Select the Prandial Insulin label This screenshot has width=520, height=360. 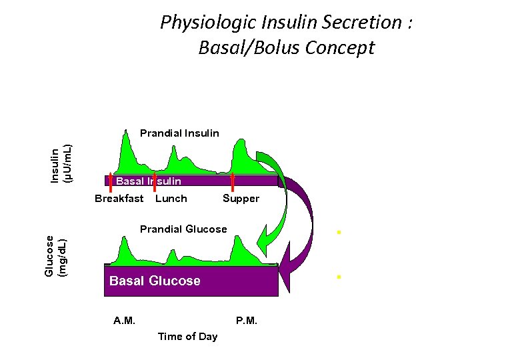(179, 133)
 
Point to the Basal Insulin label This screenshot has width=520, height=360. (149, 181)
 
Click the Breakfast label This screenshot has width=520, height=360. (119, 198)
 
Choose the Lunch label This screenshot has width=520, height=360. (171, 198)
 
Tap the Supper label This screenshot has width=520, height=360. (241, 199)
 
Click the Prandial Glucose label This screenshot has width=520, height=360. (183, 229)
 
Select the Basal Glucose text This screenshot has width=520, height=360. (155, 281)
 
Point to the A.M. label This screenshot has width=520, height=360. (124, 321)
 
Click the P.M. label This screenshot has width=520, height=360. (247, 321)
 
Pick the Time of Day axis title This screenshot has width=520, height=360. (187, 337)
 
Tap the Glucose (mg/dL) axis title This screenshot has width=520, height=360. (56, 254)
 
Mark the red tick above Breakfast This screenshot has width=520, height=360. (110, 181)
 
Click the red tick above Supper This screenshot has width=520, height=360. (233, 181)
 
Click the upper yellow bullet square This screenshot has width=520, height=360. (339, 233)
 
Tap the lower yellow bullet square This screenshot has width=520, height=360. (339, 276)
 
